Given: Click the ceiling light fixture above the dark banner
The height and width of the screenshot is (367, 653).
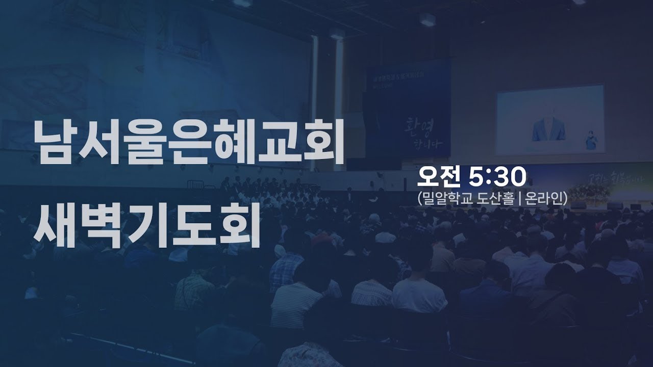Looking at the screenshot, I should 427,19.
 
